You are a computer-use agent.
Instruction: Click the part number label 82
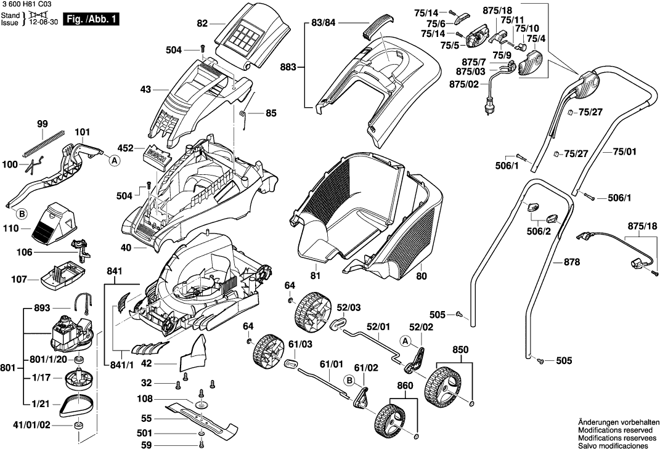click(202, 24)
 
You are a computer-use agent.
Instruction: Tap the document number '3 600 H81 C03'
click(26, 4)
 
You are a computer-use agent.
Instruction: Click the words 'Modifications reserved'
click(614, 429)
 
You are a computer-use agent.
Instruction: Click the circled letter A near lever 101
click(114, 160)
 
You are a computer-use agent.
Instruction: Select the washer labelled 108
click(200, 405)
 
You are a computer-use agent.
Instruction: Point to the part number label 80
click(422, 276)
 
